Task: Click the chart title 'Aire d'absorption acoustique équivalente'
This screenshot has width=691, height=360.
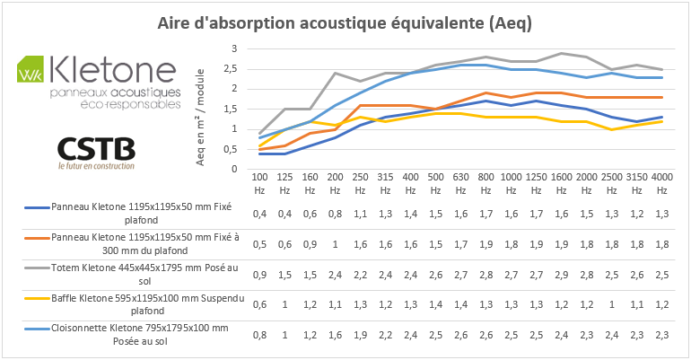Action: (345, 23)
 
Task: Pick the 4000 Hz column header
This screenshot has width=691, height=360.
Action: (660, 184)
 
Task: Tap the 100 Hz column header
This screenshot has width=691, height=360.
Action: (259, 184)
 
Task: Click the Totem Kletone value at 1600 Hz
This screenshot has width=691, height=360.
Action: (560, 275)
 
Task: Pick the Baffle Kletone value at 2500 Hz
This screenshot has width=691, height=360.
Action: (610, 304)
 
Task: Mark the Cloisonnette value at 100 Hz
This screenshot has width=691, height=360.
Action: (259, 335)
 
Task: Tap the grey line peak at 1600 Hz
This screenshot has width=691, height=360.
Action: (561, 53)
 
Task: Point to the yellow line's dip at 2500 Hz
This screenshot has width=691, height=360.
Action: (610, 129)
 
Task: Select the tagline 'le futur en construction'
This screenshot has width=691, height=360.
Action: (95, 165)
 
